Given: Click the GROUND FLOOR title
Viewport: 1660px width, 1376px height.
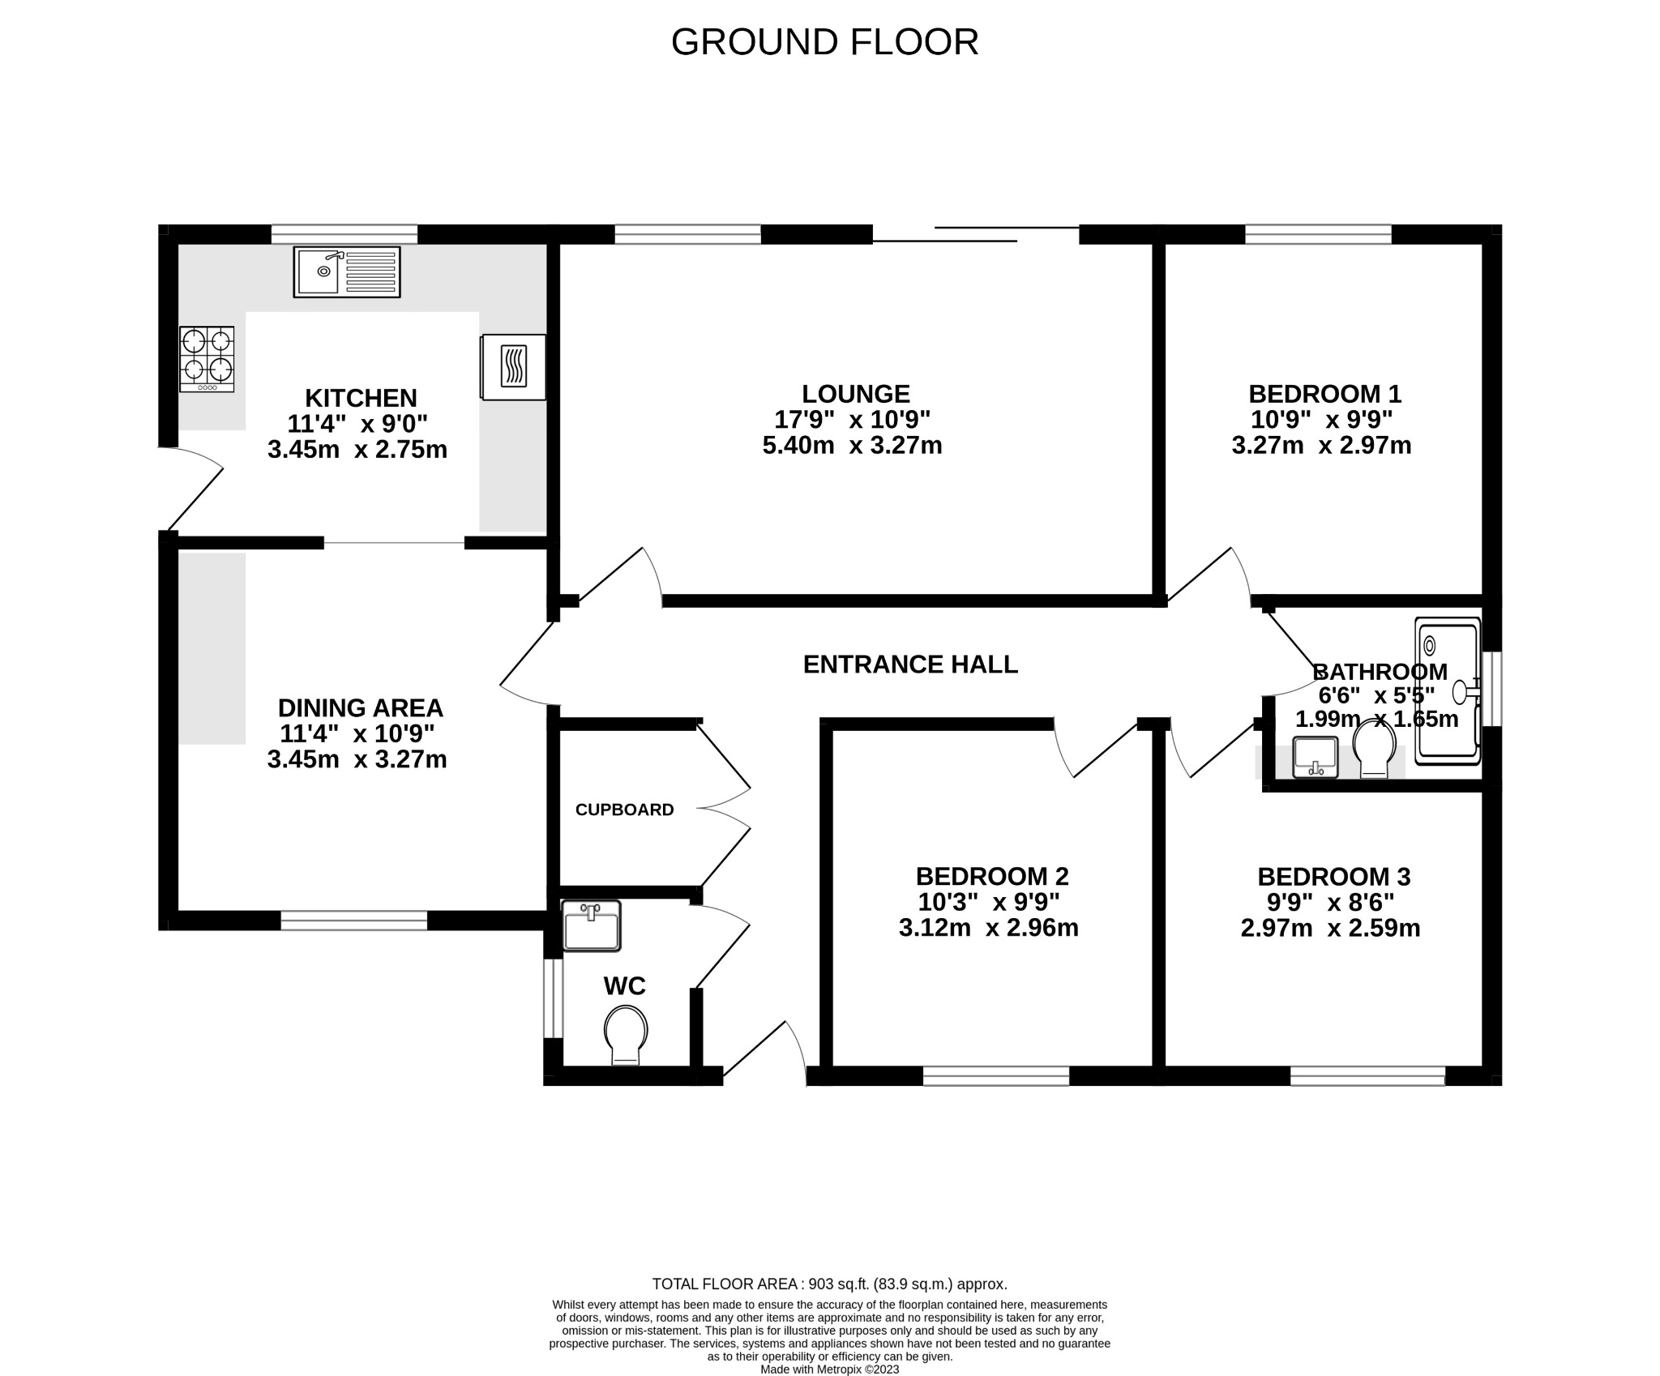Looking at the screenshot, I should coord(824,42).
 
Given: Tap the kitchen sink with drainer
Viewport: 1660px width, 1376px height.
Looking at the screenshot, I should coord(347,271).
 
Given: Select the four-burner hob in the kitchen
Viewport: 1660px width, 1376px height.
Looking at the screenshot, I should coord(207,359).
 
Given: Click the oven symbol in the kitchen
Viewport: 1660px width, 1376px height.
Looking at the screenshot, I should coord(513,366).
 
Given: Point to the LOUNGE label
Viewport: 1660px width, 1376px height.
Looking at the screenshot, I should coord(855,394).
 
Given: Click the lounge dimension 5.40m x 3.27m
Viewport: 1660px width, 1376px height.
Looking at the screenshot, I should coord(852,446).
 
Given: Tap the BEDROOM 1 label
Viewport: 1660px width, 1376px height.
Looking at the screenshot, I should coord(1324,394).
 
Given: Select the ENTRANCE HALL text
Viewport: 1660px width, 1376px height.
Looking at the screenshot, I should coord(909,664).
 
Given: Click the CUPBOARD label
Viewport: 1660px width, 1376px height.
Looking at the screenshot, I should coord(624,810).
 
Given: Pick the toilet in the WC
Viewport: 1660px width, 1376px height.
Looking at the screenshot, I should coord(626,1034).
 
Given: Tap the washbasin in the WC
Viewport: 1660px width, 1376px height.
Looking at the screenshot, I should coord(592,925).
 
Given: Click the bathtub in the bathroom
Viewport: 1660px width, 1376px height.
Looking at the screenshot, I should coord(1447,691).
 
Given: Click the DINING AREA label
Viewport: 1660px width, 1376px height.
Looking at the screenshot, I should coord(360,708).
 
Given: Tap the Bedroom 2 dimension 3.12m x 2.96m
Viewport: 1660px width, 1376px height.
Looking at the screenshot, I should coord(988,928).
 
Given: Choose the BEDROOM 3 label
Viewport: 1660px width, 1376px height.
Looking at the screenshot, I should coord(1333,877).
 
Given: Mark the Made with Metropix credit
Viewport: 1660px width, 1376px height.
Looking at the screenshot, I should coord(829,1369).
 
